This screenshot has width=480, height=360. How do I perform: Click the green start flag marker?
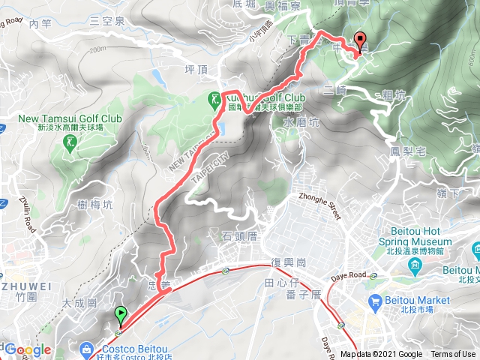pyautogui.click(x=120, y=315)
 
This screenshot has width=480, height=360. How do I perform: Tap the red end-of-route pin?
pyautogui.click(x=359, y=42)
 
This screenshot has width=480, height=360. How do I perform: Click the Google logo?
pyautogui.click(x=27, y=349)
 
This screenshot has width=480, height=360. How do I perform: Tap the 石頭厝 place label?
pyautogui.click(x=240, y=237)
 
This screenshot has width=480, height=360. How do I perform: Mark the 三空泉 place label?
pyautogui.click(x=106, y=21)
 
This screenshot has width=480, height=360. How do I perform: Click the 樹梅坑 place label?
pyautogui.click(x=95, y=204)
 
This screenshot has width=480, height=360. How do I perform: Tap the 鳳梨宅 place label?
pyautogui.click(x=408, y=151)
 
